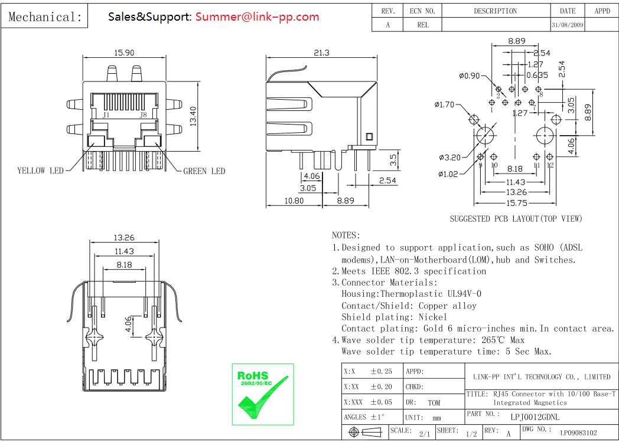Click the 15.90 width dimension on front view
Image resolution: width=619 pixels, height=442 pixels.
pyautogui.click(x=124, y=53)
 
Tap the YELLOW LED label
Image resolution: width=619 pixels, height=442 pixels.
pyautogui.click(x=40, y=171)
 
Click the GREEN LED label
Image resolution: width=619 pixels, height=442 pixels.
pyautogui.click(x=204, y=172)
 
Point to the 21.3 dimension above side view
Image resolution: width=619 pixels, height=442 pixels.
pyautogui.click(x=321, y=53)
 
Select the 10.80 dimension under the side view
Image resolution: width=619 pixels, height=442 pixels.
pyautogui.click(x=294, y=201)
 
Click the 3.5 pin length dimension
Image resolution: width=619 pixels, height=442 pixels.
pyautogui.click(x=392, y=159)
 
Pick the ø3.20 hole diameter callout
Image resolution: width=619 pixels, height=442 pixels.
pyautogui.click(x=449, y=158)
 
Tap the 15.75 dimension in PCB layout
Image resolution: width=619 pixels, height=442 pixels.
pyautogui.click(x=516, y=203)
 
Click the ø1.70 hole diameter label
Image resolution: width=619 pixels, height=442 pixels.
pyautogui.click(x=445, y=105)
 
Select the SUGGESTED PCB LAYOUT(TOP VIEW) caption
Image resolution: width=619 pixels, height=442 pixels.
pyautogui.click(x=516, y=219)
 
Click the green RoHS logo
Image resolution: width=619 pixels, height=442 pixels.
pyautogui.click(x=262, y=394)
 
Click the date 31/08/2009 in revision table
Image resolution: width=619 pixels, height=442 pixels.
pyautogui.click(x=567, y=25)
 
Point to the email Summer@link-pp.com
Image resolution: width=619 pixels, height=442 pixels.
pyautogui.click(x=257, y=17)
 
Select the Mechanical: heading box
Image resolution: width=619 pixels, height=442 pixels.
pyautogui.click(x=45, y=17)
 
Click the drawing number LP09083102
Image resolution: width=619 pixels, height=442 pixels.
pyautogui.click(x=578, y=433)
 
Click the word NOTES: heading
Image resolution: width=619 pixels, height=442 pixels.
pyautogui.click(x=346, y=235)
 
